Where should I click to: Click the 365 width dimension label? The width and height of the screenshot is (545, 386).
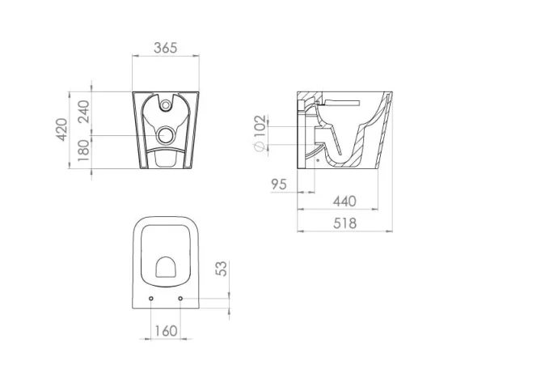166,49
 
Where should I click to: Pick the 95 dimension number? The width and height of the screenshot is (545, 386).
279,185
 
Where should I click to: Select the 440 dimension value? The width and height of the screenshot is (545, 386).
344,201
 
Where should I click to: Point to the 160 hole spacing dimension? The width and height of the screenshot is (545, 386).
166,330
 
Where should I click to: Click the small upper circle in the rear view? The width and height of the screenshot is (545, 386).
166,104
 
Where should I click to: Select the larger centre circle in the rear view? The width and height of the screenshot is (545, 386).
166,134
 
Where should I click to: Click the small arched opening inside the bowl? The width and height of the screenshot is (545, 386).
166,266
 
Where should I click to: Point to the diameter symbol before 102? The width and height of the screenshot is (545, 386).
259,147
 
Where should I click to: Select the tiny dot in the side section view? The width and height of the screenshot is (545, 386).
318,160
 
